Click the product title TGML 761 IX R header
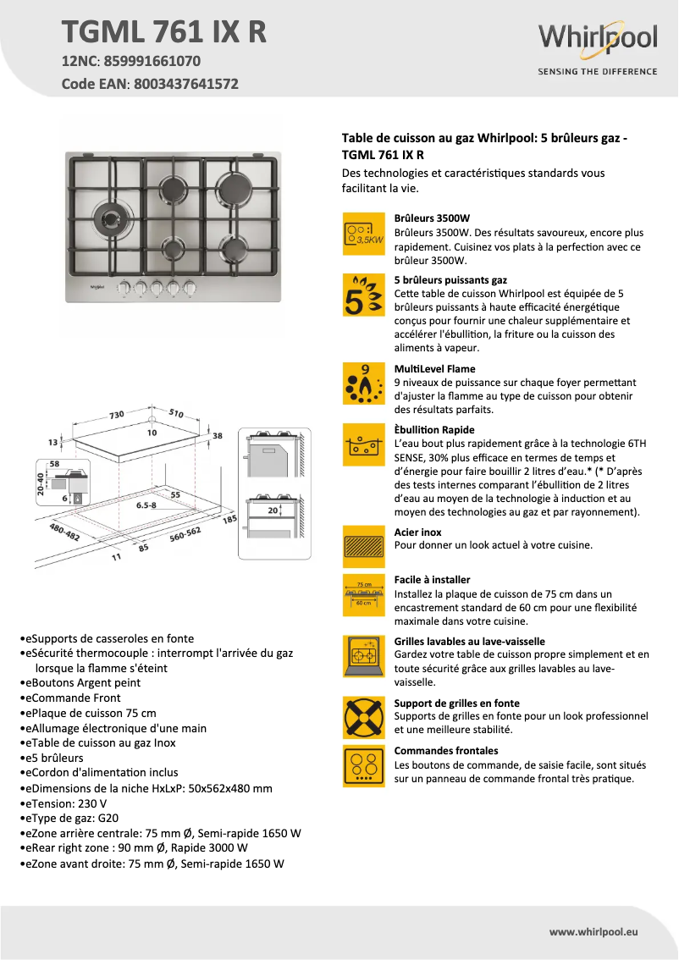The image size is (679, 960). (x=164, y=30)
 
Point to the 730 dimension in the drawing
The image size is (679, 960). (x=116, y=414)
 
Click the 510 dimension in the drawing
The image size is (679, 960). (x=175, y=412)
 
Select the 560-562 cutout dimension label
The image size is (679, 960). (x=184, y=535)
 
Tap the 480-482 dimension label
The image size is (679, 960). (x=65, y=532)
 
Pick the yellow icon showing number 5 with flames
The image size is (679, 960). (x=364, y=295)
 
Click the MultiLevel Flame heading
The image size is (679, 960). (x=434, y=369)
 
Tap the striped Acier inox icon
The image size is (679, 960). (x=364, y=546)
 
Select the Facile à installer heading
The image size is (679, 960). (x=432, y=580)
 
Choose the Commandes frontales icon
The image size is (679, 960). (x=364, y=765)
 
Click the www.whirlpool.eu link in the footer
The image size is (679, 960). (x=593, y=931)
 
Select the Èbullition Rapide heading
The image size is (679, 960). (x=434, y=430)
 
